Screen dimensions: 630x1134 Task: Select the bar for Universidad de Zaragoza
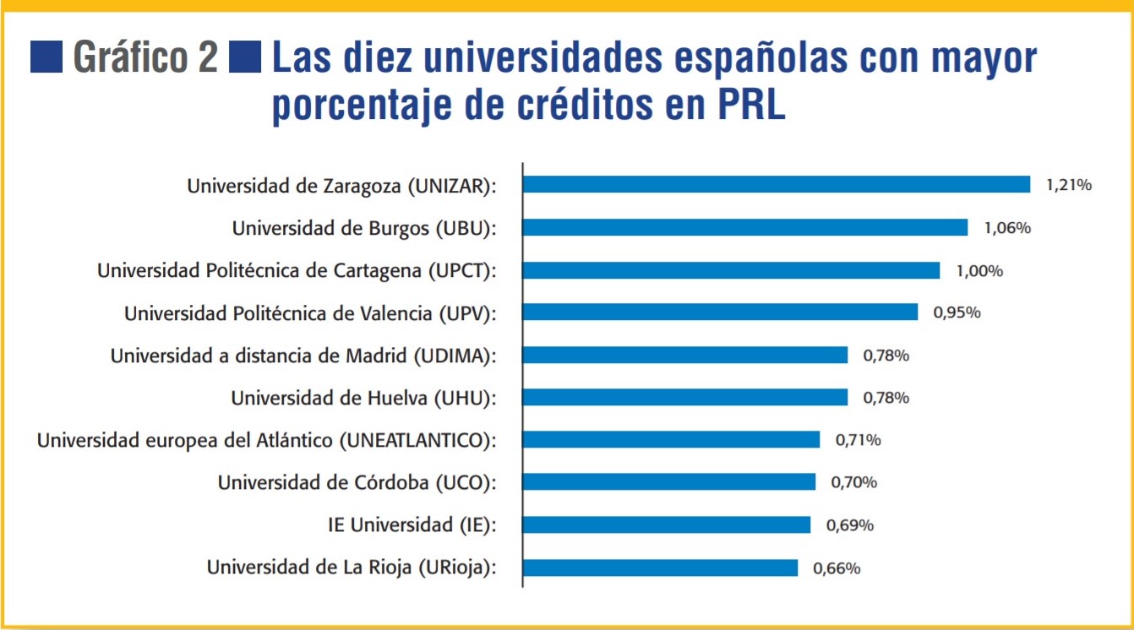tap(777, 185)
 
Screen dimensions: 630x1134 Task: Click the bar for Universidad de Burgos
tap(745, 227)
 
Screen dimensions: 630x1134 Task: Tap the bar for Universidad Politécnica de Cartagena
tap(732, 270)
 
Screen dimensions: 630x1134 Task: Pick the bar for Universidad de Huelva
tap(685, 397)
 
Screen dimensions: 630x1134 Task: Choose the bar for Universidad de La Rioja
tap(661, 568)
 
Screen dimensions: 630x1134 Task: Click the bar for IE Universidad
tap(667, 525)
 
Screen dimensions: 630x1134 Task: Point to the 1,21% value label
tap(1069, 185)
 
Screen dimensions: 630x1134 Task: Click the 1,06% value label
tap(1007, 228)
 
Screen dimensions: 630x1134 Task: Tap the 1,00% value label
tap(979, 270)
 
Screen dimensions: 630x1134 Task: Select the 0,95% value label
tap(957, 312)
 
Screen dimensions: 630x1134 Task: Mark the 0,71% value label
tap(859, 440)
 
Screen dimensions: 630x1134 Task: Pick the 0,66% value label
tap(837, 568)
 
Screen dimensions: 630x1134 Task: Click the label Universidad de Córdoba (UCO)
tap(356, 483)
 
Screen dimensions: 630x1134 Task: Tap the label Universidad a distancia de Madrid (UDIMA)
tap(303, 356)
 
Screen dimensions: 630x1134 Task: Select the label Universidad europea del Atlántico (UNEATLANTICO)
tap(266, 440)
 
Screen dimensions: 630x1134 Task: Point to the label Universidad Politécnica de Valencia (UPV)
tap(309, 313)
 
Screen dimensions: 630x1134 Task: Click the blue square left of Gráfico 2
tap(46, 57)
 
